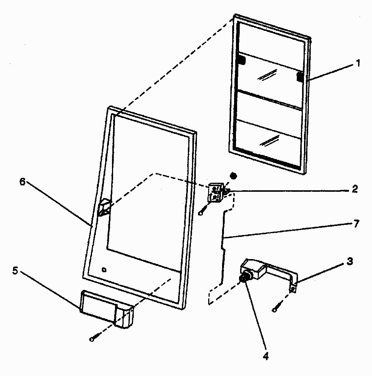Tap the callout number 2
pyautogui.click(x=354, y=189)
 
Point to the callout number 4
pyautogui.click(x=266, y=355)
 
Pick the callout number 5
pyautogui.click(x=15, y=271)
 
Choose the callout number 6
pyautogui.click(x=22, y=182)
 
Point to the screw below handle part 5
pyautogui.click(x=91, y=339)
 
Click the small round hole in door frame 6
pyautogui.click(x=104, y=269)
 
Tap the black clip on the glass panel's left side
pyautogui.click(x=241, y=59)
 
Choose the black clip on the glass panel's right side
pyautogui.click(x=300, y=76)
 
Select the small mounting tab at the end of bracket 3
pyautogui.click(x=294, y=289)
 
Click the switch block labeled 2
pyautogui.click(x=216, y=193)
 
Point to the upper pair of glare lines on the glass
pyautogui.click(x=267, y=76)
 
